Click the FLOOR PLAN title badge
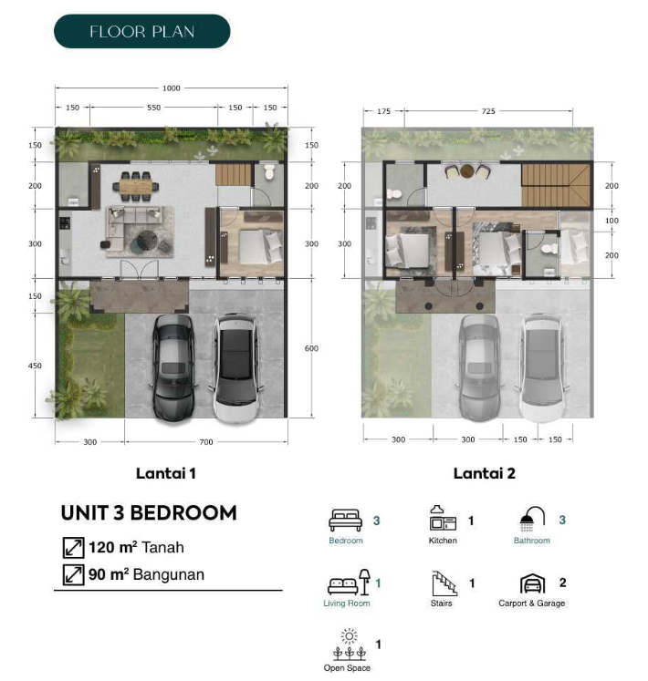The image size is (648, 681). (141, 31)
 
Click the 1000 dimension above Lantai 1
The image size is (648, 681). (171, 88)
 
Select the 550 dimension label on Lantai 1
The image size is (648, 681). (153, 108)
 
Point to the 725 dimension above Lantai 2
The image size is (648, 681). (488, 111)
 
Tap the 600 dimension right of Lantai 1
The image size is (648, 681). (311, 348)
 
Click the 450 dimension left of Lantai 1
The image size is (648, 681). (35, 366)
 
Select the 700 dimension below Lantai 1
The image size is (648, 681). (206, 442)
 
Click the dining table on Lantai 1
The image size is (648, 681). (136, 187)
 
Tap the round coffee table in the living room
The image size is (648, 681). (148, 240)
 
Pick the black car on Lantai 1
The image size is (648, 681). (173, 367)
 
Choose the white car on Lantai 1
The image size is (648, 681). (235, 368)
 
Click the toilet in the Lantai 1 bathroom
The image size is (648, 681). (269, 171)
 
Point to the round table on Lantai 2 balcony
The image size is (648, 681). (467, 170)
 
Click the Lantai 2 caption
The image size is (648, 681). (484, 473)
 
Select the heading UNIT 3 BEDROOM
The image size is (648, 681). (149, 513)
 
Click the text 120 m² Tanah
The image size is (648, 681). (136, 547)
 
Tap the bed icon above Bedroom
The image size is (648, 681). (345, 520)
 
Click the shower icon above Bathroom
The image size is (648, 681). (532, 519)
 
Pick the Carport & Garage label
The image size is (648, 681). (531, 604)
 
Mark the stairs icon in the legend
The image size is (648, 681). (444, 583)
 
